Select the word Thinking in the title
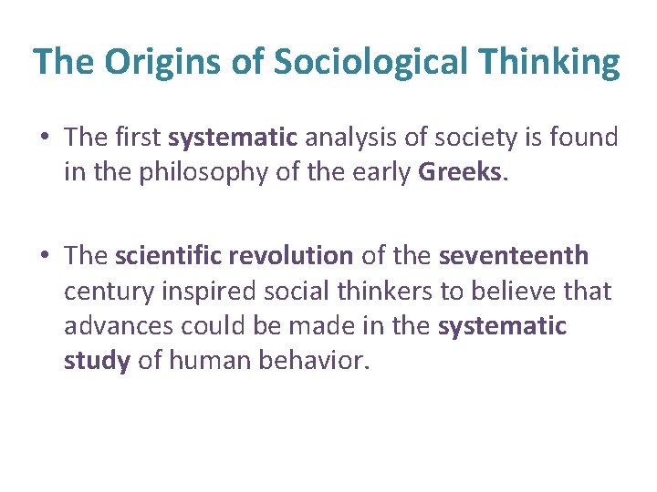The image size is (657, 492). coord(554,62)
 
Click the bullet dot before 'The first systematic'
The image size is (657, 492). coord(45,138)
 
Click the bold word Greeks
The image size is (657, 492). coord(460,172)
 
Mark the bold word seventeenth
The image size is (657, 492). coord(513,256)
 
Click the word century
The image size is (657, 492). coord(103,291)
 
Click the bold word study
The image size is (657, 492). coord(97,360)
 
